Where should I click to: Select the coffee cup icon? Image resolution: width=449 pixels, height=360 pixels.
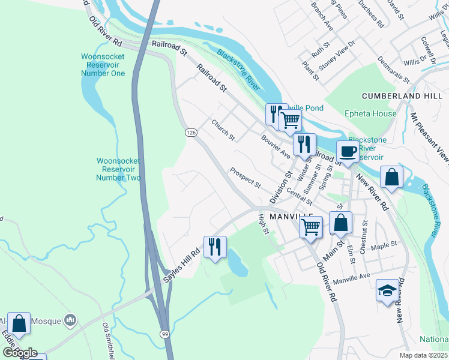coord(347,151)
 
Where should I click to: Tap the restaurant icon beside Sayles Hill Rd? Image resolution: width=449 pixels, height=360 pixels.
coord(214,246)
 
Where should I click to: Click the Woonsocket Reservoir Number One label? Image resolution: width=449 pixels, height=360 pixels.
coord(103,65)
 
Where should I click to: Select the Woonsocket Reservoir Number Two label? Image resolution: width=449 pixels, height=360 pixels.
coord(119,169)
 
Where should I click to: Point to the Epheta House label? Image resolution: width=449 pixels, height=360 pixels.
coord(370,113)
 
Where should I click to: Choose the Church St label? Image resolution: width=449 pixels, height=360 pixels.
coord(223,130)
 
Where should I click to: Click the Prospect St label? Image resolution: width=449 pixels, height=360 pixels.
coord(245,176)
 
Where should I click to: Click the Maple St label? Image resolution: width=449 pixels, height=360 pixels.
coord(385,245)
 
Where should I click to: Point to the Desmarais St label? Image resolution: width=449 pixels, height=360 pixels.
coord(393,70)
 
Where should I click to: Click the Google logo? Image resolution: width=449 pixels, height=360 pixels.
coord(20,353)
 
